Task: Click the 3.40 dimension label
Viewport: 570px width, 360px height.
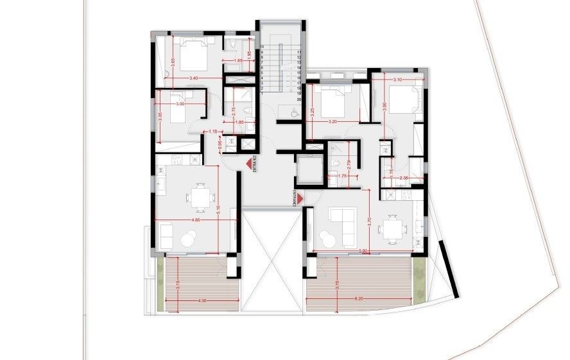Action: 194,78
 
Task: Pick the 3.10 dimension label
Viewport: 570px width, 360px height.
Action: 396,80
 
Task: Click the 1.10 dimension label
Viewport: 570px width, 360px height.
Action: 212,132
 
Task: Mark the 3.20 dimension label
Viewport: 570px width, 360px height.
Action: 332,121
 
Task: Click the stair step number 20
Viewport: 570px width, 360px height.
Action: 299,99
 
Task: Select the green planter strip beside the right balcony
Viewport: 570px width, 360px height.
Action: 420,283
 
